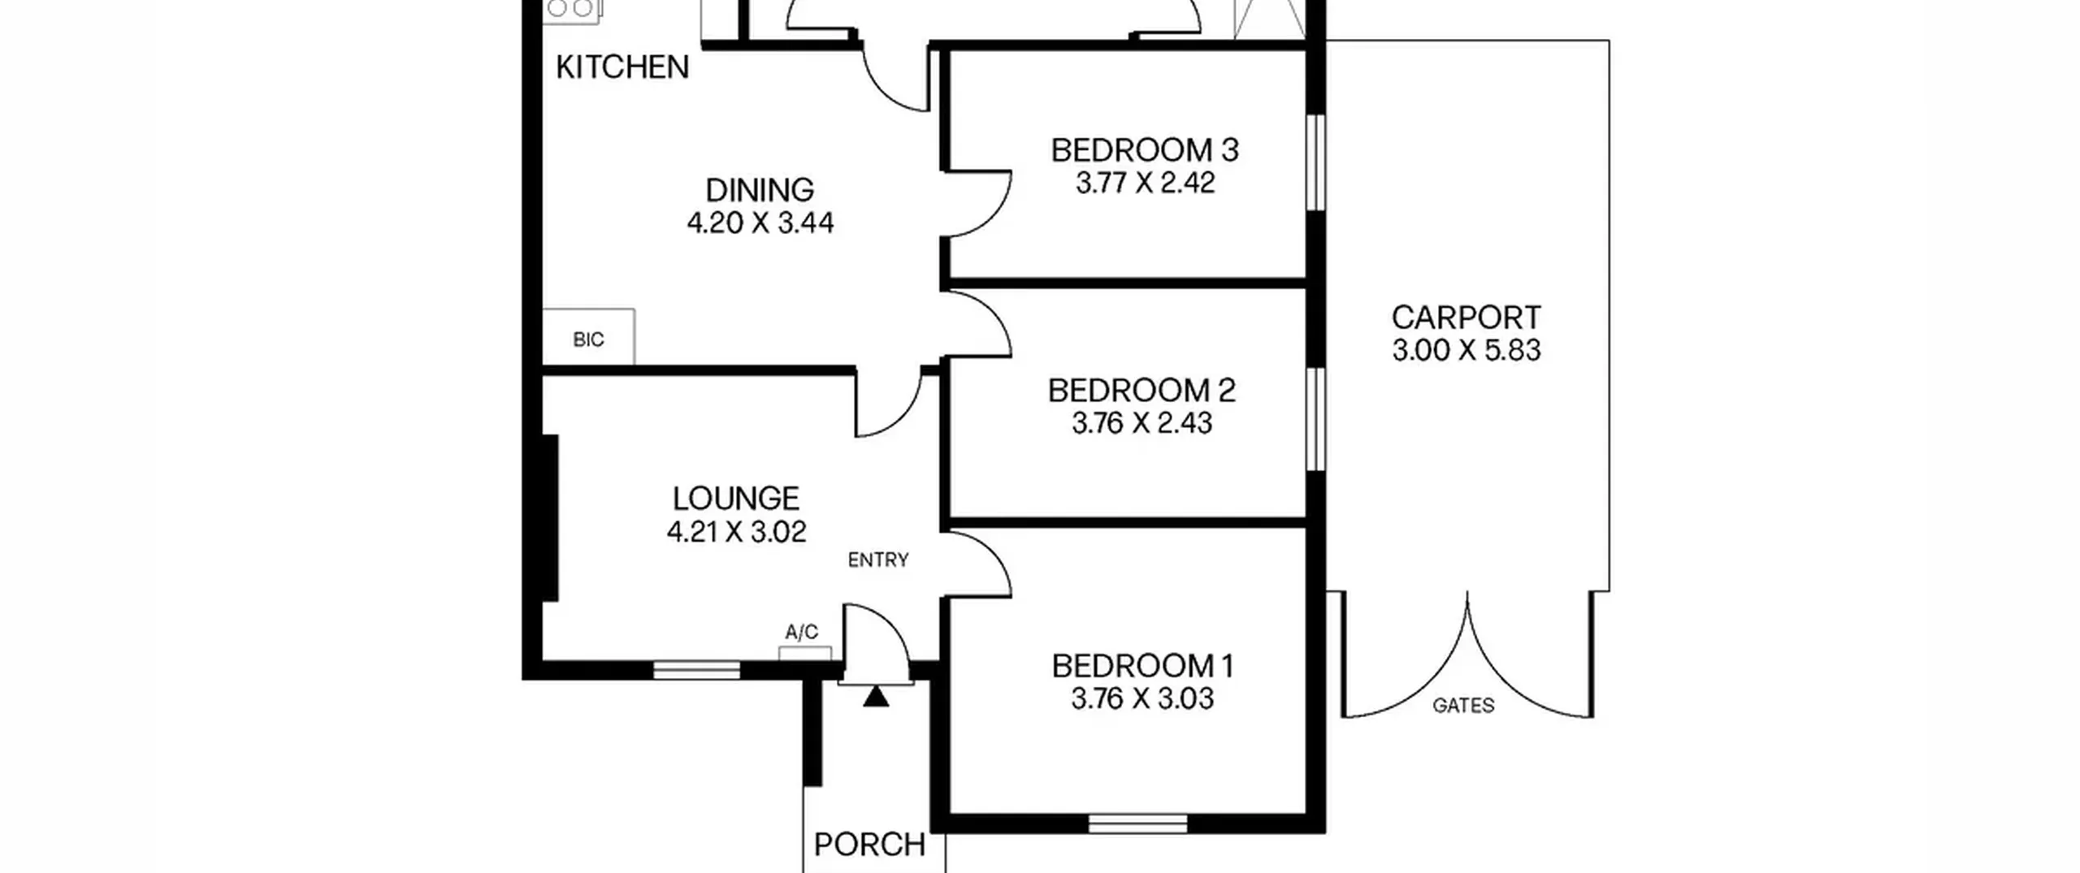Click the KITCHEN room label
coord(622,67)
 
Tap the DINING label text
coord(760,190)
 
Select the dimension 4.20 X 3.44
coord(760,223)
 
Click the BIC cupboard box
coord(588,337)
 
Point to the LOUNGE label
coord(736,498)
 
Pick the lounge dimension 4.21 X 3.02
coord(736,532)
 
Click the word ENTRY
coord(878,560)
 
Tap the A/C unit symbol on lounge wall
coord(805,653)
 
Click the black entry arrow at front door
coord(875,697)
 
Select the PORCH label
coord(869,845)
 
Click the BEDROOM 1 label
coord(1142,666)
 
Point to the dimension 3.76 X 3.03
coord(1142,698)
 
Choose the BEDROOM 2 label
coord(1142,391)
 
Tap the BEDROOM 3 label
coord(1145,150)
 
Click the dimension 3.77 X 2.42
coord(1145,183)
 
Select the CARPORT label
coord(1466,317)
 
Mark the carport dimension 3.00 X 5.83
coord(1467,350)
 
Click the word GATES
coord(1463,706)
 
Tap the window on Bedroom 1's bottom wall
coord(1137,823)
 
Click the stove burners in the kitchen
coord(572,8)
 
